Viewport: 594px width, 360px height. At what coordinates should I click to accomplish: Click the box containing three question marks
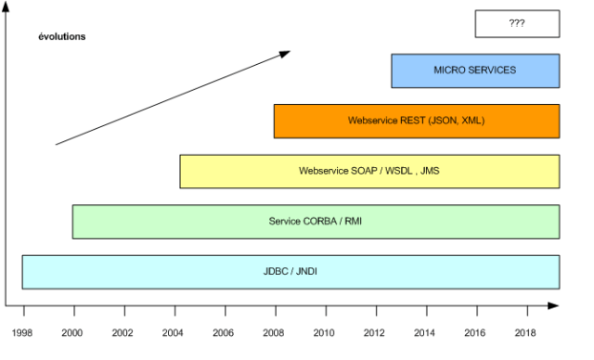pyautogui.click(x=517, y=23)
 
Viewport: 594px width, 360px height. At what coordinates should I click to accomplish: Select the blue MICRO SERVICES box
pyautogui.click(x=475, y=71)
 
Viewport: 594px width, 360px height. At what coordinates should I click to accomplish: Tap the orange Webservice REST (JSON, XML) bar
pyautogui.click(x=416, y=121)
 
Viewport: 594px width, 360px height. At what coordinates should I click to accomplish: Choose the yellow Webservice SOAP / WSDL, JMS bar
pyautogui.click(x=369, y=171)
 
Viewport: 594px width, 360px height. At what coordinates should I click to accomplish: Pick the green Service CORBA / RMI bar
pyautogui.click(x=316, y=221)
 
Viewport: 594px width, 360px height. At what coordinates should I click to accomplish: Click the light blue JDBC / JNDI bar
pyautogui.click(x=291, y=271)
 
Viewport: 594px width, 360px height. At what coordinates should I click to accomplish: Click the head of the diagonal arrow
pyautogui.click(x=285, y=55)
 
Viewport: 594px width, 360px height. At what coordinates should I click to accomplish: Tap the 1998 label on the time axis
pyautogui.click(x=23, y=332)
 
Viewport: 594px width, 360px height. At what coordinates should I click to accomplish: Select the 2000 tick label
pyautogui.click(x=72, y=332)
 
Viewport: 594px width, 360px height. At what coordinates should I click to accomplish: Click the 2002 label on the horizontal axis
pyautogui.click(x=123, y=332)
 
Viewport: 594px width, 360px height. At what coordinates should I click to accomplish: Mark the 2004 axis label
pyautogui.click(x=173, y=332)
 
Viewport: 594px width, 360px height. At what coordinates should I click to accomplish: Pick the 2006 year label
pyautogui.click(x=223, y=332)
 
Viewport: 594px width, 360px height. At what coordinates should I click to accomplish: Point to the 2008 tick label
pyautogui.click(x=273, y=332)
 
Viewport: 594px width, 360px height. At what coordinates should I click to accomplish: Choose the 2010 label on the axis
pyautogui.click(x=324, y=332)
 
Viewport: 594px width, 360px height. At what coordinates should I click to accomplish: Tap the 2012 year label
pyautogui.click(x=374, y=332)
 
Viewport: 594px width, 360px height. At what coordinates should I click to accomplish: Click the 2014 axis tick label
pyautogui.click(x=424, y=332)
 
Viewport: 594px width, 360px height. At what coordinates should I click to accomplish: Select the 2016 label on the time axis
pyautogui.click(x=474, y=332)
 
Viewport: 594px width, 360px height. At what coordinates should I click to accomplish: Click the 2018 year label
pyautogui.click(x=524, y=332)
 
